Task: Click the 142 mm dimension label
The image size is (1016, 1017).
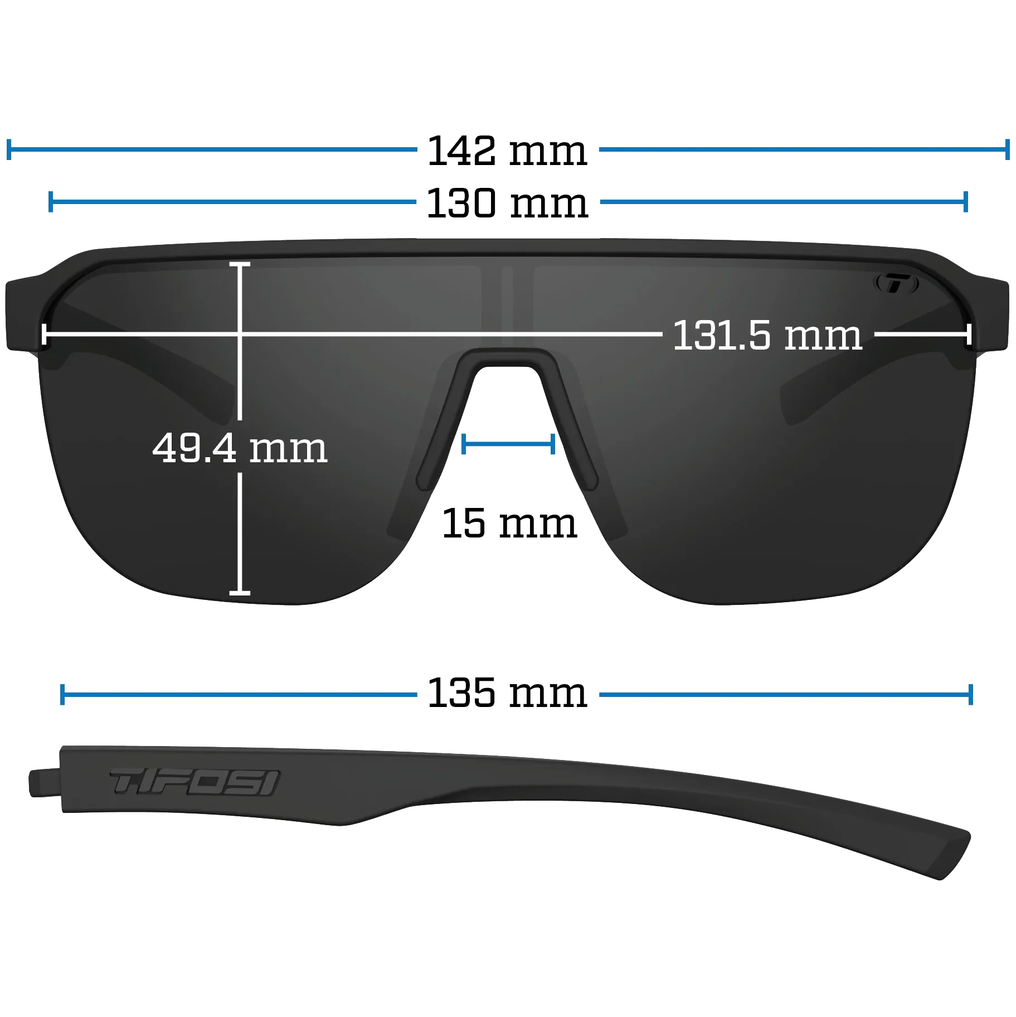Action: click(507, 151)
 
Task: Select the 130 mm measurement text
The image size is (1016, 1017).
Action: click(507, 204)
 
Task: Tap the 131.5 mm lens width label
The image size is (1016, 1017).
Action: click(767, 336)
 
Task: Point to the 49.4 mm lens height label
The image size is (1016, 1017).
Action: click(240, 448)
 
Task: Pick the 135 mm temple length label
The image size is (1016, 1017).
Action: click(507, 693)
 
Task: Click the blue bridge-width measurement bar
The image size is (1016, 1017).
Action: click(508, 444)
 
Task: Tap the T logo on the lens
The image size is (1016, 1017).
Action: click(896, 283)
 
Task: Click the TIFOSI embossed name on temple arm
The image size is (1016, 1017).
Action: click(195, 782)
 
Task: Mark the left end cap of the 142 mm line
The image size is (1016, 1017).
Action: click(9, 149)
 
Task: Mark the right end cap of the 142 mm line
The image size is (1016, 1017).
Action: click(1007, 149)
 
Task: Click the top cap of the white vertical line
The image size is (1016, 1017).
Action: click(240, 264)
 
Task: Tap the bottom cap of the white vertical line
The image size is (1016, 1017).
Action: click(240, 592)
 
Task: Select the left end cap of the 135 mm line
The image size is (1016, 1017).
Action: click(62, 695)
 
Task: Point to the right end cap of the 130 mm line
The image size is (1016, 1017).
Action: click(966, 201)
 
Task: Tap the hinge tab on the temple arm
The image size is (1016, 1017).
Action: click(44, 782)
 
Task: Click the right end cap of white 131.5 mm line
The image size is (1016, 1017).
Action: click(969, 335)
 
